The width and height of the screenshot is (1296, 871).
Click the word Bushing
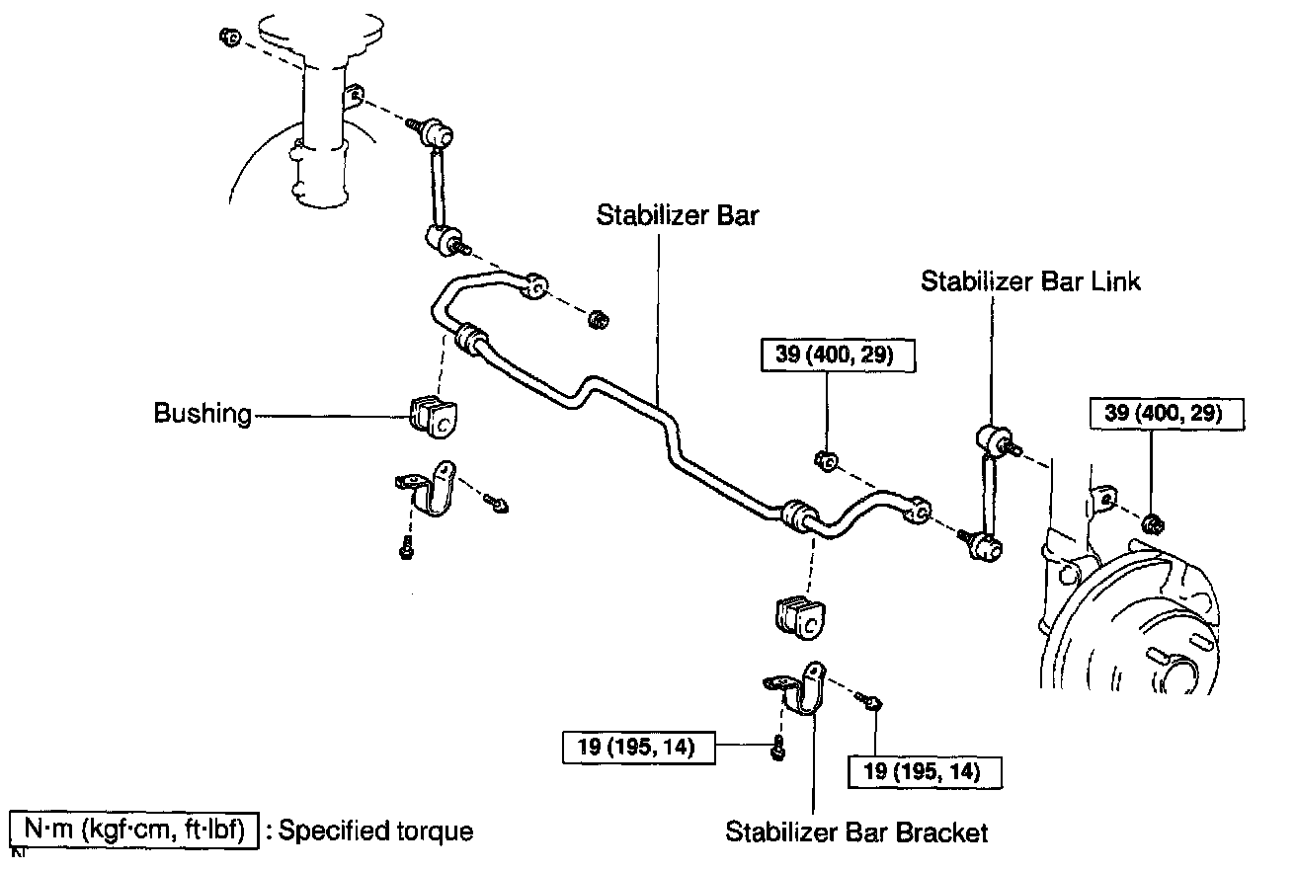(x=202, y=414)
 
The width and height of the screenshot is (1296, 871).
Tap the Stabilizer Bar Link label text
(x=1030, y=281)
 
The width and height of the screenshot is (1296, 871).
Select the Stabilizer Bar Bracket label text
(x=856, y=832)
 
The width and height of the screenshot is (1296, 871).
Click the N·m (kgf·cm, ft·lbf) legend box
(x=134, y=831)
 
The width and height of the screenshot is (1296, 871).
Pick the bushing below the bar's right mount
(x=799, y=615)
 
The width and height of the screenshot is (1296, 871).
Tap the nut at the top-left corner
(x=228, y=39)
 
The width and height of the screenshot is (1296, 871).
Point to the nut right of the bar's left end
(x=597, y=320)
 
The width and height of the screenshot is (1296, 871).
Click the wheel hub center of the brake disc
(x=1176, y=676)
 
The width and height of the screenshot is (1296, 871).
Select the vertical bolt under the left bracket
(x=406, y=546)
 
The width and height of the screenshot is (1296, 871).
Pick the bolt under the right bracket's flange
(x=778, y=749)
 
